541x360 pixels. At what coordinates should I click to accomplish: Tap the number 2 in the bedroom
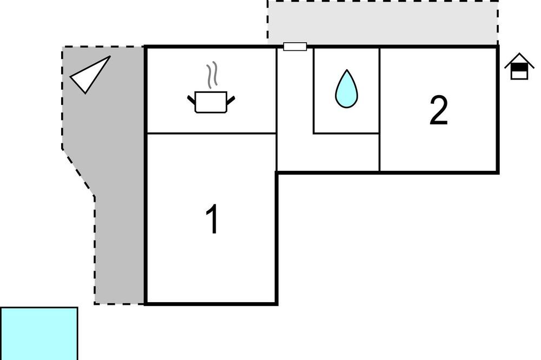[x=439, y=110]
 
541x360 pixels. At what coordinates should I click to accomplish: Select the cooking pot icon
[x=211, y=102]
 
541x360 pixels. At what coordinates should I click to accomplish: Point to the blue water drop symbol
[x=346, y=89]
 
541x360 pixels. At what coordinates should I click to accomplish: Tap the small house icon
[x=519, y=66]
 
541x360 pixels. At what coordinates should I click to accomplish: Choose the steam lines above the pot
[x=213, y=75]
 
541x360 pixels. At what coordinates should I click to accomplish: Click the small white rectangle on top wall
[x=295, y=46]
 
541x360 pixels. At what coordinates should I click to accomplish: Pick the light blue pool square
[x=39, y=334]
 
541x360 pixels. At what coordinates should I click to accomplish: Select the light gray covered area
[x=382, y=22]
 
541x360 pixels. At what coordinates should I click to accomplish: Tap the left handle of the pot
[x=192, y=100]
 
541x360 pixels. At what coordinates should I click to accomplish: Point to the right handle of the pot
[x=231, y=100]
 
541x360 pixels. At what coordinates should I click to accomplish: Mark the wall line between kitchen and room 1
[x=211, y=133]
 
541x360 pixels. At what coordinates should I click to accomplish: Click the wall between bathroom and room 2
[x=380, y=109]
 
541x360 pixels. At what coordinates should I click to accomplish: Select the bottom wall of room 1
[x=211, y=304]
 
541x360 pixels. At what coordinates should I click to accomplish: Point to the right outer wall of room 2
[x=498, y=109]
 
